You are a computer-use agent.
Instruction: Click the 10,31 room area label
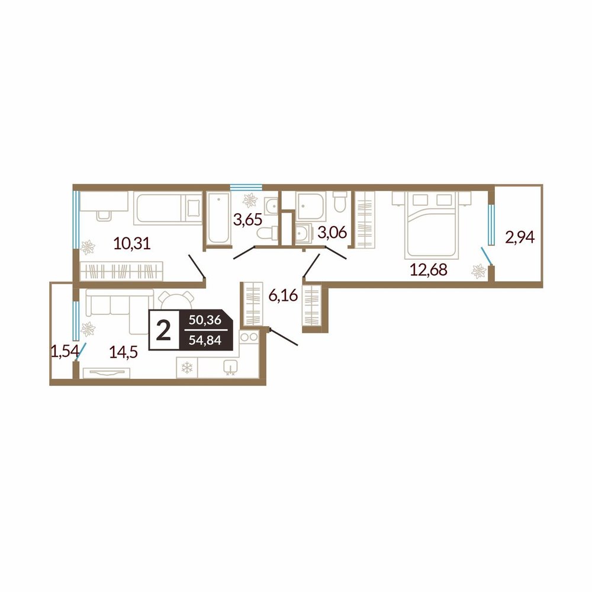[x=132, y=243]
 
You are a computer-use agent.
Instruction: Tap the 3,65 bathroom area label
[x=247, y=219]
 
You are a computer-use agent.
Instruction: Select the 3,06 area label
[x=332, y=233]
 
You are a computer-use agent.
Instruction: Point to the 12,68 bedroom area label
[x=429, y=269]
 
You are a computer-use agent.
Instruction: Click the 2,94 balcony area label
[x=520, y=237]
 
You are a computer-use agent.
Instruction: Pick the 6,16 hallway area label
[x=283, y=295]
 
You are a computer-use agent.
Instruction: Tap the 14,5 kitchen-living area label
[x=124, y=352]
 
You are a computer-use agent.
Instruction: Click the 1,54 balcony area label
[x=65, y=352]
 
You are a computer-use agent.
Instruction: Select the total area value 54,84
[x=205, y=340]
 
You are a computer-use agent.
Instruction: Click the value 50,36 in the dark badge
[x=205, y=320]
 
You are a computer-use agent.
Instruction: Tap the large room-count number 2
[x=164, y=330]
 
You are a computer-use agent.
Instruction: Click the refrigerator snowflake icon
[x=187, y=368]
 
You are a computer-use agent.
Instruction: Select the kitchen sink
[x=230, y=367]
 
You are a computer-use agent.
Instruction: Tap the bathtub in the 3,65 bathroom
[x=218, y=218]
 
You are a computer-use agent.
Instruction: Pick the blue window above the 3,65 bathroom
[x=246, y=186]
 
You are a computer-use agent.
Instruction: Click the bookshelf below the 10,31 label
[x=121, y=271]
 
